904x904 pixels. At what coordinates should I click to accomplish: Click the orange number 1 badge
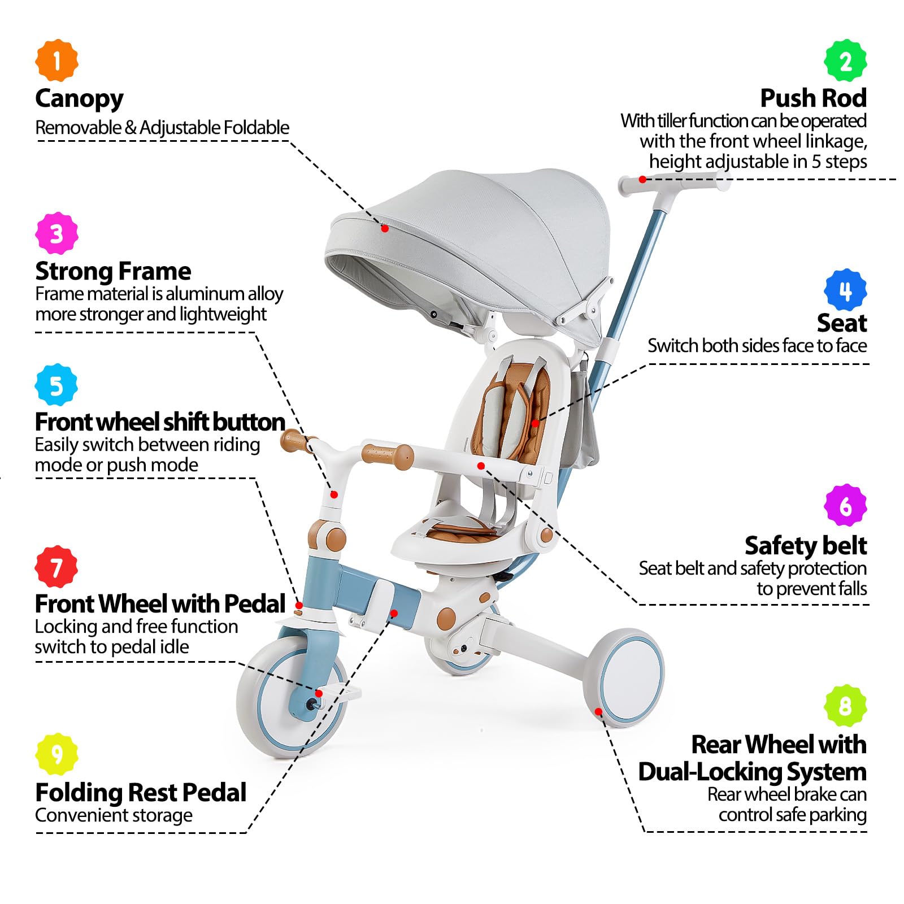tap(56, 60)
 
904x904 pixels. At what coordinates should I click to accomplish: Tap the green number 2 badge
tap(845, 60)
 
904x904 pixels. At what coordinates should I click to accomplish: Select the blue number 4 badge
tap(845, 290)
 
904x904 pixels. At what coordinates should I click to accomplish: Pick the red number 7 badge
tap(56, 567)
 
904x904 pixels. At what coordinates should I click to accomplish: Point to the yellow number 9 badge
tap(56, 754)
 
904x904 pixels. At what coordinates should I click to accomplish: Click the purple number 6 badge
tap(845, 505)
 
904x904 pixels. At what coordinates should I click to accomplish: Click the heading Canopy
tap(79, 99)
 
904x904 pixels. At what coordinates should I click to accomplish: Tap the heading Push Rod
tap(813, 98)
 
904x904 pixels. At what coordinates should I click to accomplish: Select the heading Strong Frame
tap(113, 271)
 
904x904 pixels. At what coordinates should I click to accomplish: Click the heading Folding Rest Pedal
tap(141, 792)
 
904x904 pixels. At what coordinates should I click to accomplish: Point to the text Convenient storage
tap(114, 815)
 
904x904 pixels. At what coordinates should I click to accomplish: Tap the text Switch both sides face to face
tap(757, 345)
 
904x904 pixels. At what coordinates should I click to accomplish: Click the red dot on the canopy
tap(385, 228)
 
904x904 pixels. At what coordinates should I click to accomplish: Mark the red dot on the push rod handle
tap(642, 180)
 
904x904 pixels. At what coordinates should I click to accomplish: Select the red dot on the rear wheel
tap(599, 712)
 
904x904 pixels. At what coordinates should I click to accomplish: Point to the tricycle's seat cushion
tap(463, 532)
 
